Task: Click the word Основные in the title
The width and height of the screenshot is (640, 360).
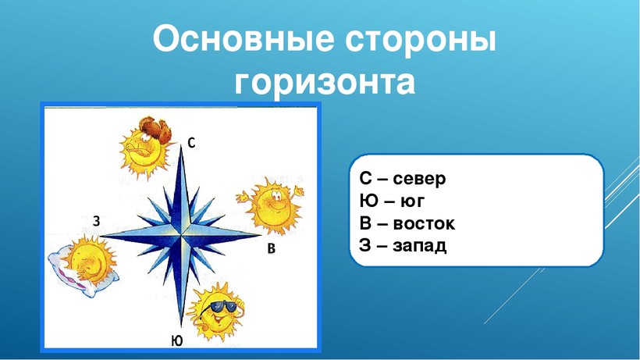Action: coord(244,40)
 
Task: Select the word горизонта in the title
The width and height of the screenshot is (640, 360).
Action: coord(325,84)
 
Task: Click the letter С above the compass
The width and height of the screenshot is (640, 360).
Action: coord(191,142)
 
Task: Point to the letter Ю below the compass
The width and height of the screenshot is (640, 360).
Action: coord(176,340)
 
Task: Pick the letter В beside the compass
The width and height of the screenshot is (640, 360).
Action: coord(271,248)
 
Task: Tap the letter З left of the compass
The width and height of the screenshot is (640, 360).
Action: coord(96,221)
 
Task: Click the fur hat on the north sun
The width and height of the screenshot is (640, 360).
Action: coord(155,129)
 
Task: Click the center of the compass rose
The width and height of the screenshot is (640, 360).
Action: coord(180,236)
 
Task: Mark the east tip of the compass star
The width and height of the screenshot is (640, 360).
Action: coord(261,235)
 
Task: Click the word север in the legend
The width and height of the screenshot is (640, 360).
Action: coord(419,179)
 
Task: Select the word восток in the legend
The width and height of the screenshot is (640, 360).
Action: coord(424,223)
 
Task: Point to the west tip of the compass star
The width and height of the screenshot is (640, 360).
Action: coord(101,236)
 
